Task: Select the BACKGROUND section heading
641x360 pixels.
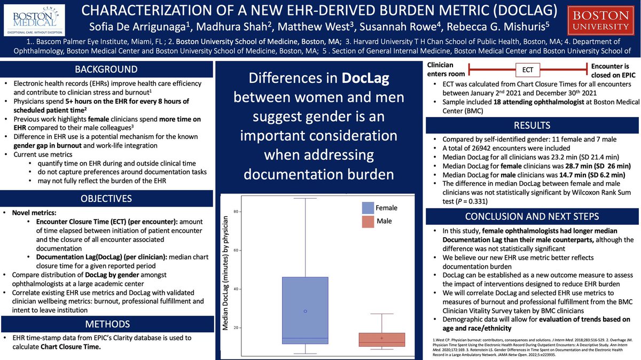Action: [106, 69]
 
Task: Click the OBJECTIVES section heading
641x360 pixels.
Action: [106, 199]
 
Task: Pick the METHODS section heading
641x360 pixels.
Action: [106, 324]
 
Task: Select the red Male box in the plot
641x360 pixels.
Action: [381, 340]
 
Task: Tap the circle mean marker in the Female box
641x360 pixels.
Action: [305, 311]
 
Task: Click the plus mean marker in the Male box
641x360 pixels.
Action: [382, 338]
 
